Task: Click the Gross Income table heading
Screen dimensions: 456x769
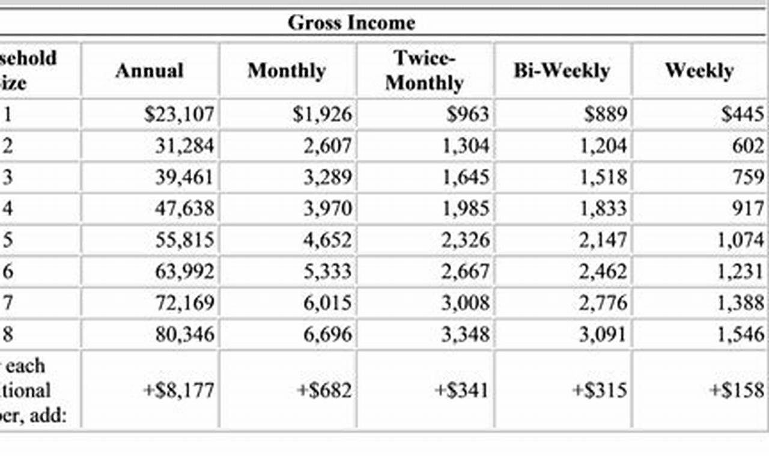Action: [x=351, y=23]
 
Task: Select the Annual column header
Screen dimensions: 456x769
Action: [x=149, y=70]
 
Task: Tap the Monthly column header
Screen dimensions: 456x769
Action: [x=286, y=70]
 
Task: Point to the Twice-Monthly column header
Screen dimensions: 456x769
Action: [x=424, y=70]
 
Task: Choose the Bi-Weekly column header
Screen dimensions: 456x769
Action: [x=561, y=70]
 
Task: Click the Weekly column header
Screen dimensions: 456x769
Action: [x=699, y=70]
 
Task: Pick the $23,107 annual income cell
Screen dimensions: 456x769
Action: [x=178, y=114]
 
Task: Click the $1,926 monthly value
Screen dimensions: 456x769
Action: [x=322, y=114]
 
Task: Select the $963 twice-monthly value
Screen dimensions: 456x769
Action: [x=467, y=114]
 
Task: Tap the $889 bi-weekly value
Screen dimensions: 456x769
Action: [x=605, y=114]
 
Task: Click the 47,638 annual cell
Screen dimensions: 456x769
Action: [x=184, y=208]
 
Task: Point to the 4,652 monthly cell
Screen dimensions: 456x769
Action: [x=327, y=240]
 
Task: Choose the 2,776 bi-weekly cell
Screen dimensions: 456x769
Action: [x=603, y=303]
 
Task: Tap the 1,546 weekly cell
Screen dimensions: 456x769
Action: [x=740, y=334]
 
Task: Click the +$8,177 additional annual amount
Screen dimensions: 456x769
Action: [x=178, y=391]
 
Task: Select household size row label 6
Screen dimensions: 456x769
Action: [x=8, y=272]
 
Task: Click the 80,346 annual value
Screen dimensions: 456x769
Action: [x=184, y=334]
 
